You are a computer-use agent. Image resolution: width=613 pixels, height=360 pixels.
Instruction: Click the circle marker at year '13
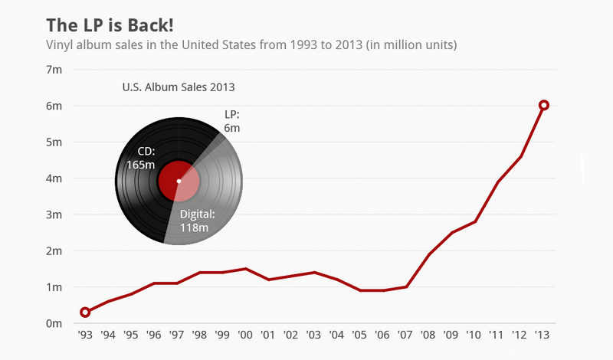[x=544, y=105]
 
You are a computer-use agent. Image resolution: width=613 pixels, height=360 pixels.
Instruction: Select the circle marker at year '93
[x=85, y=312]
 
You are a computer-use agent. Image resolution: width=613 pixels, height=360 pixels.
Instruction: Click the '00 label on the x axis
[x=246, y=335]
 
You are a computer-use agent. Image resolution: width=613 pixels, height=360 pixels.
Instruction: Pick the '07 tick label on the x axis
[x=406, y=335]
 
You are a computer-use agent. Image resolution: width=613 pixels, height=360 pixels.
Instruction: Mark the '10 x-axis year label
[x=475, y=335]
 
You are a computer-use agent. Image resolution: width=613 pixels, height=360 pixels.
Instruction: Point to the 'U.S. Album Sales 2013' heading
[x=179, y=87]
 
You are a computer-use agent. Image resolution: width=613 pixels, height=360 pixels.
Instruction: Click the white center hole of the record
[x=179, y=181]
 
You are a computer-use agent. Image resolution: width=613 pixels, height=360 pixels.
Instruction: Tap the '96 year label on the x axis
[x=154, y=335]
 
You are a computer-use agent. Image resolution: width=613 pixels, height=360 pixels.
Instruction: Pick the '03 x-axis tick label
[x=314, y=335]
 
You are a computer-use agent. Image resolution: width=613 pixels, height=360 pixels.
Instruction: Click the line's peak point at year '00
[x=246, y=269]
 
